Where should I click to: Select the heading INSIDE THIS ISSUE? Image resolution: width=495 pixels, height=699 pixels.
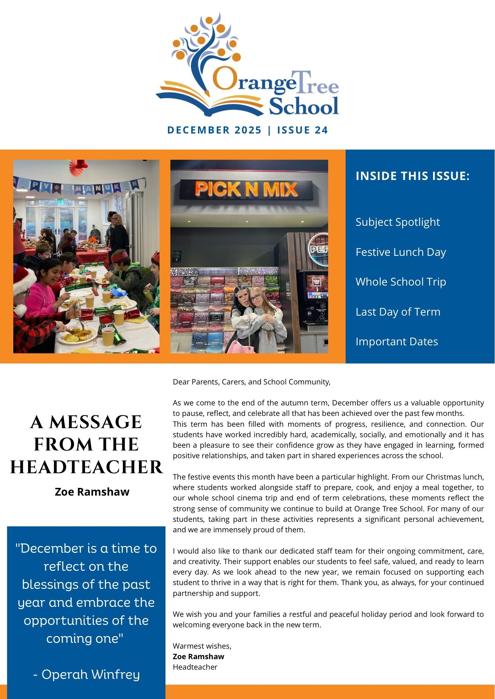(412, 176)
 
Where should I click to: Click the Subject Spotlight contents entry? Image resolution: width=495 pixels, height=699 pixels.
(397, 222)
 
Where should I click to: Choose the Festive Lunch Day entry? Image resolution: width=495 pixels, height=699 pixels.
(401, 252)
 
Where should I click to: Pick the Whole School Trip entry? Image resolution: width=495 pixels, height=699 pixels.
(401, 282)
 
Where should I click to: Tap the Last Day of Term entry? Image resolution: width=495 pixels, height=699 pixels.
(398, 312)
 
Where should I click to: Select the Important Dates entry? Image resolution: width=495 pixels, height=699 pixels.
(397, 341)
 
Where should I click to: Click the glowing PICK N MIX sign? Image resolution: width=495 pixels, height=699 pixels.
(246, 189)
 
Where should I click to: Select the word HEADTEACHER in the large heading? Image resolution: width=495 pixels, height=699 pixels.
(86, 467)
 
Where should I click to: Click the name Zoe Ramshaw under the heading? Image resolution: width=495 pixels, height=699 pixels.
(92, 492)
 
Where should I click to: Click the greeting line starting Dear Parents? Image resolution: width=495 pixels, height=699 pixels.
(252, 382)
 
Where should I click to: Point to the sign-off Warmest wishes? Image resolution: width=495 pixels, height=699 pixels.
(202, 646)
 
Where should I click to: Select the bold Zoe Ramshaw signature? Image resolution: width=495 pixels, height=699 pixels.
(198, 656)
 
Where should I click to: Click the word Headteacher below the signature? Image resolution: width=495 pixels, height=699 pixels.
(195, 667)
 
